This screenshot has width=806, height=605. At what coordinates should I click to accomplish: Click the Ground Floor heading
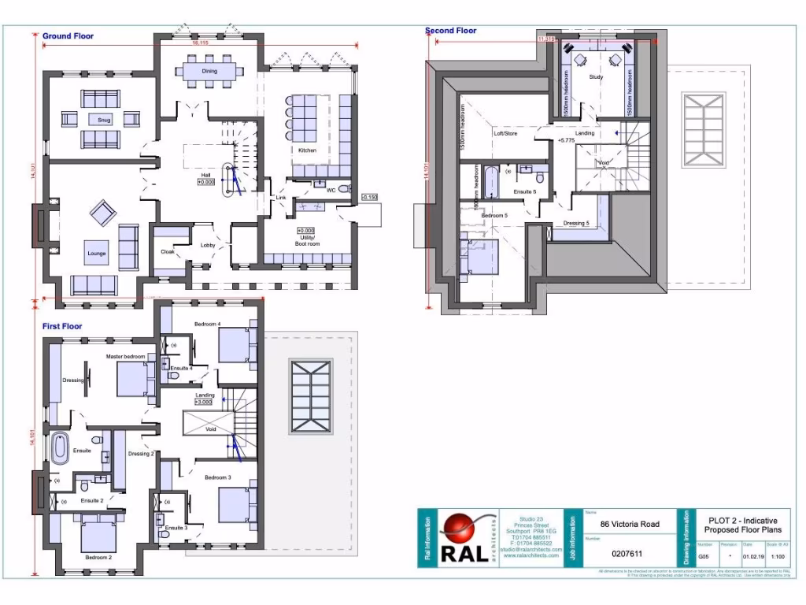tap(68, 35)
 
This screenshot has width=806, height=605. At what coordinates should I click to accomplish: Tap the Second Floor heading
tap(451, 31)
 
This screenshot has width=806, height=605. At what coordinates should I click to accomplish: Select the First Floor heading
tap(62, 325)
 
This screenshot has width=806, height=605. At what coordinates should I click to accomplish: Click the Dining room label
tap(209, 71)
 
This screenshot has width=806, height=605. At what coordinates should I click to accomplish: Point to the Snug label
tap(103, 120)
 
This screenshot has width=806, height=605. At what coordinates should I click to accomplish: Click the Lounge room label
tap(97, 254)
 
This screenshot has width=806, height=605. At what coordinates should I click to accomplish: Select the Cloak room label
tap(167, 252)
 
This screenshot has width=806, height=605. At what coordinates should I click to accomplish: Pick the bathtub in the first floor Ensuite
tap(60, 448)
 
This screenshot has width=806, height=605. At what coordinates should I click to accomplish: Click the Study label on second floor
tap(596, 77)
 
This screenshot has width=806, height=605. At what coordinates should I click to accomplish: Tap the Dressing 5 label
tap(576, 223)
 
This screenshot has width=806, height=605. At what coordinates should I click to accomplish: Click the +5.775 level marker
tap(567, 140)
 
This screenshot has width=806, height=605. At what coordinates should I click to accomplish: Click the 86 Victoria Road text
tap(630, 524)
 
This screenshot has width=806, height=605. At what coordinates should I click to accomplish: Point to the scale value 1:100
tap(779, 554)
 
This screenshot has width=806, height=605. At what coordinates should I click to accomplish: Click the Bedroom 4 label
tap(208, 325)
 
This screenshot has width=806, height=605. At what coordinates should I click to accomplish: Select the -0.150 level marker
tap(370, 197)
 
